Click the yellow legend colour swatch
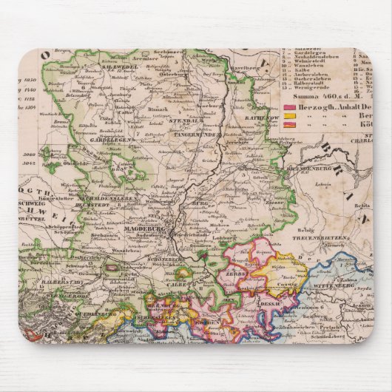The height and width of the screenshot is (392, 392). tap(289, 116)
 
